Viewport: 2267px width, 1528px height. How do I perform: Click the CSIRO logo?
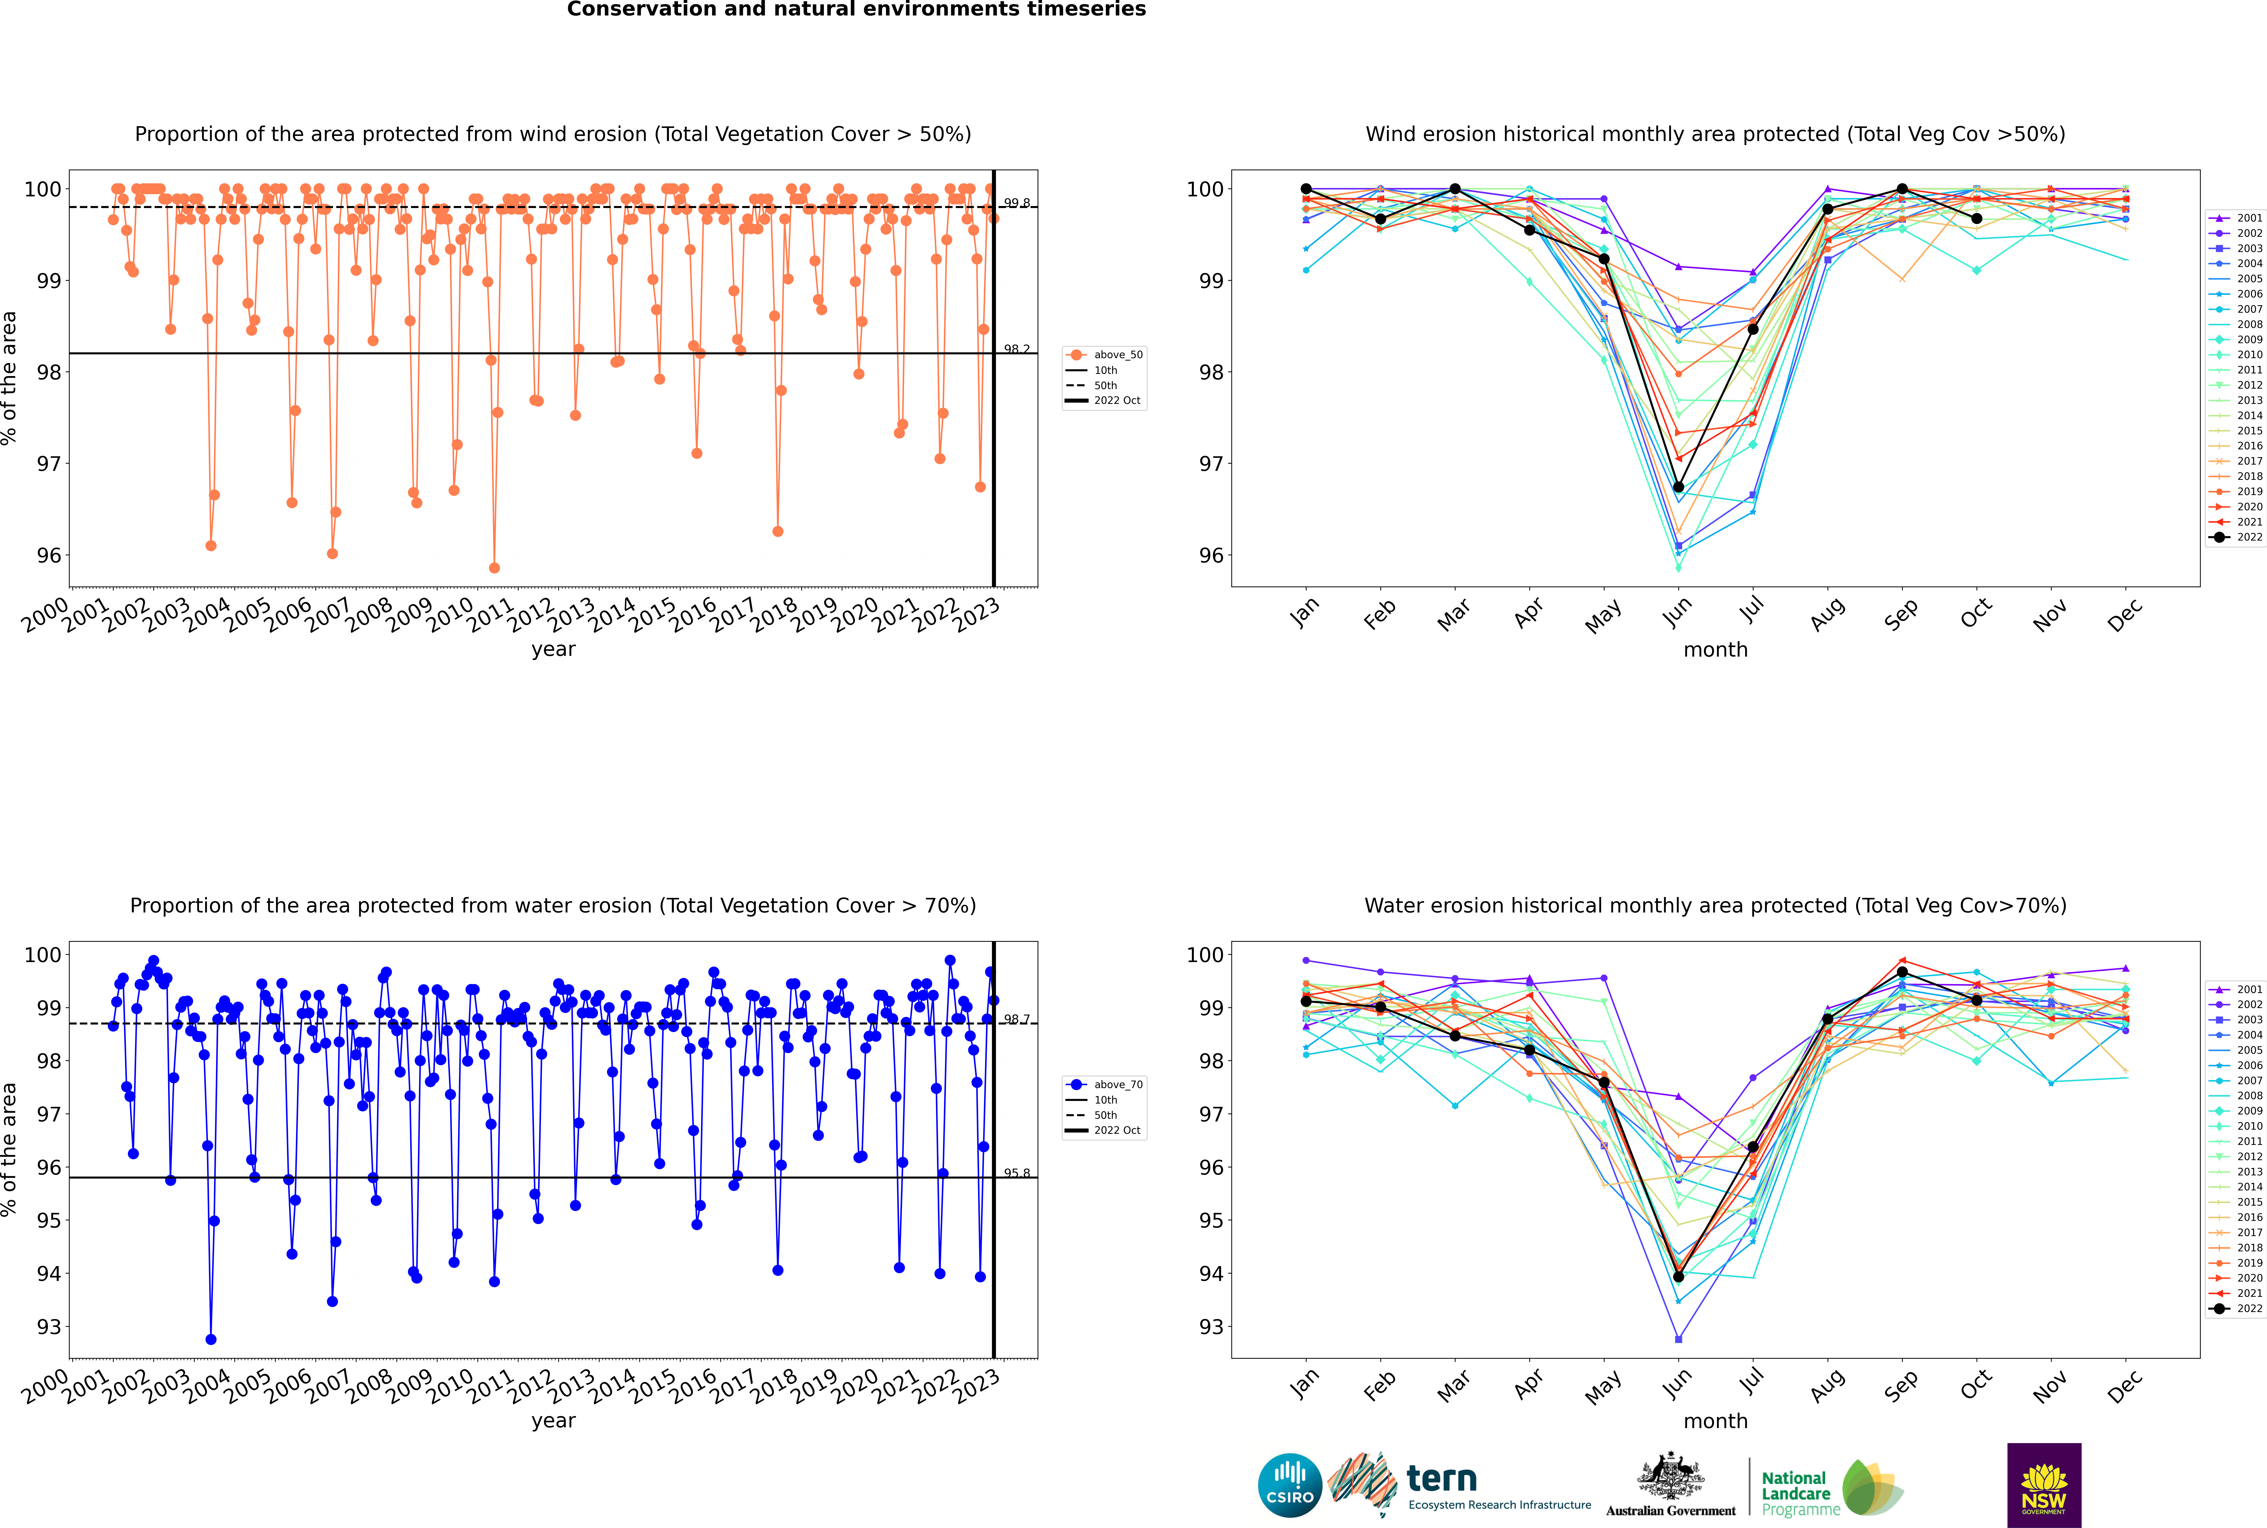1289,1485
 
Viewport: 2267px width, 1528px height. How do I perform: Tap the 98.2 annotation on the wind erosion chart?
1017,349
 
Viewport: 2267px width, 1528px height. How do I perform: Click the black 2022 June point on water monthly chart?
1678,1276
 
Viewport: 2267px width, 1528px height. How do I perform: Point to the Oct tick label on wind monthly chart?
1976,614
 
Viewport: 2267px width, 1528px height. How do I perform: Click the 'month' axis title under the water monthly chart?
1715,1421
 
